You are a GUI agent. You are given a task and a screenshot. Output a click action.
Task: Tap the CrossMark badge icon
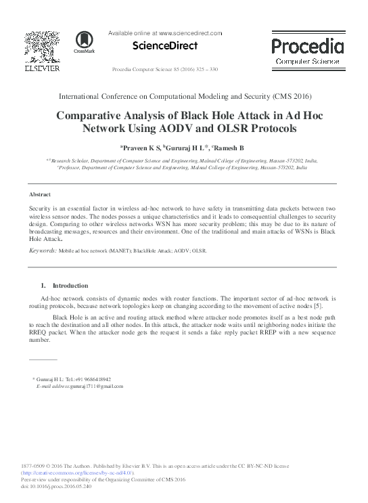[x=85, y=42]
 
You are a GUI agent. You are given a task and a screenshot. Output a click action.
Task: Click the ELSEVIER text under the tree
[x=41, y=68]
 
